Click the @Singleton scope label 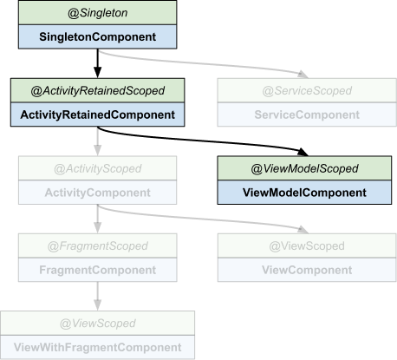[x=97, y=13]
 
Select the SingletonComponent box [x=97, y=37]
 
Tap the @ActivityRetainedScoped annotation [x=97, y=90]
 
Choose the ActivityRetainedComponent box [x=97, y=115]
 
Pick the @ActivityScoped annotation [x=97, y=168]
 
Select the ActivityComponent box [x=97, y=193]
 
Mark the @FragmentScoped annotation [x=97, y=245]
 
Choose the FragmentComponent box [x=97, y=270]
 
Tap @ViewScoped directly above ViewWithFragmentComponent [x=97, y=323]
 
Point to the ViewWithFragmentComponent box [x=97, y=347]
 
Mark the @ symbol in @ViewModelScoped [x=257, y=168]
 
